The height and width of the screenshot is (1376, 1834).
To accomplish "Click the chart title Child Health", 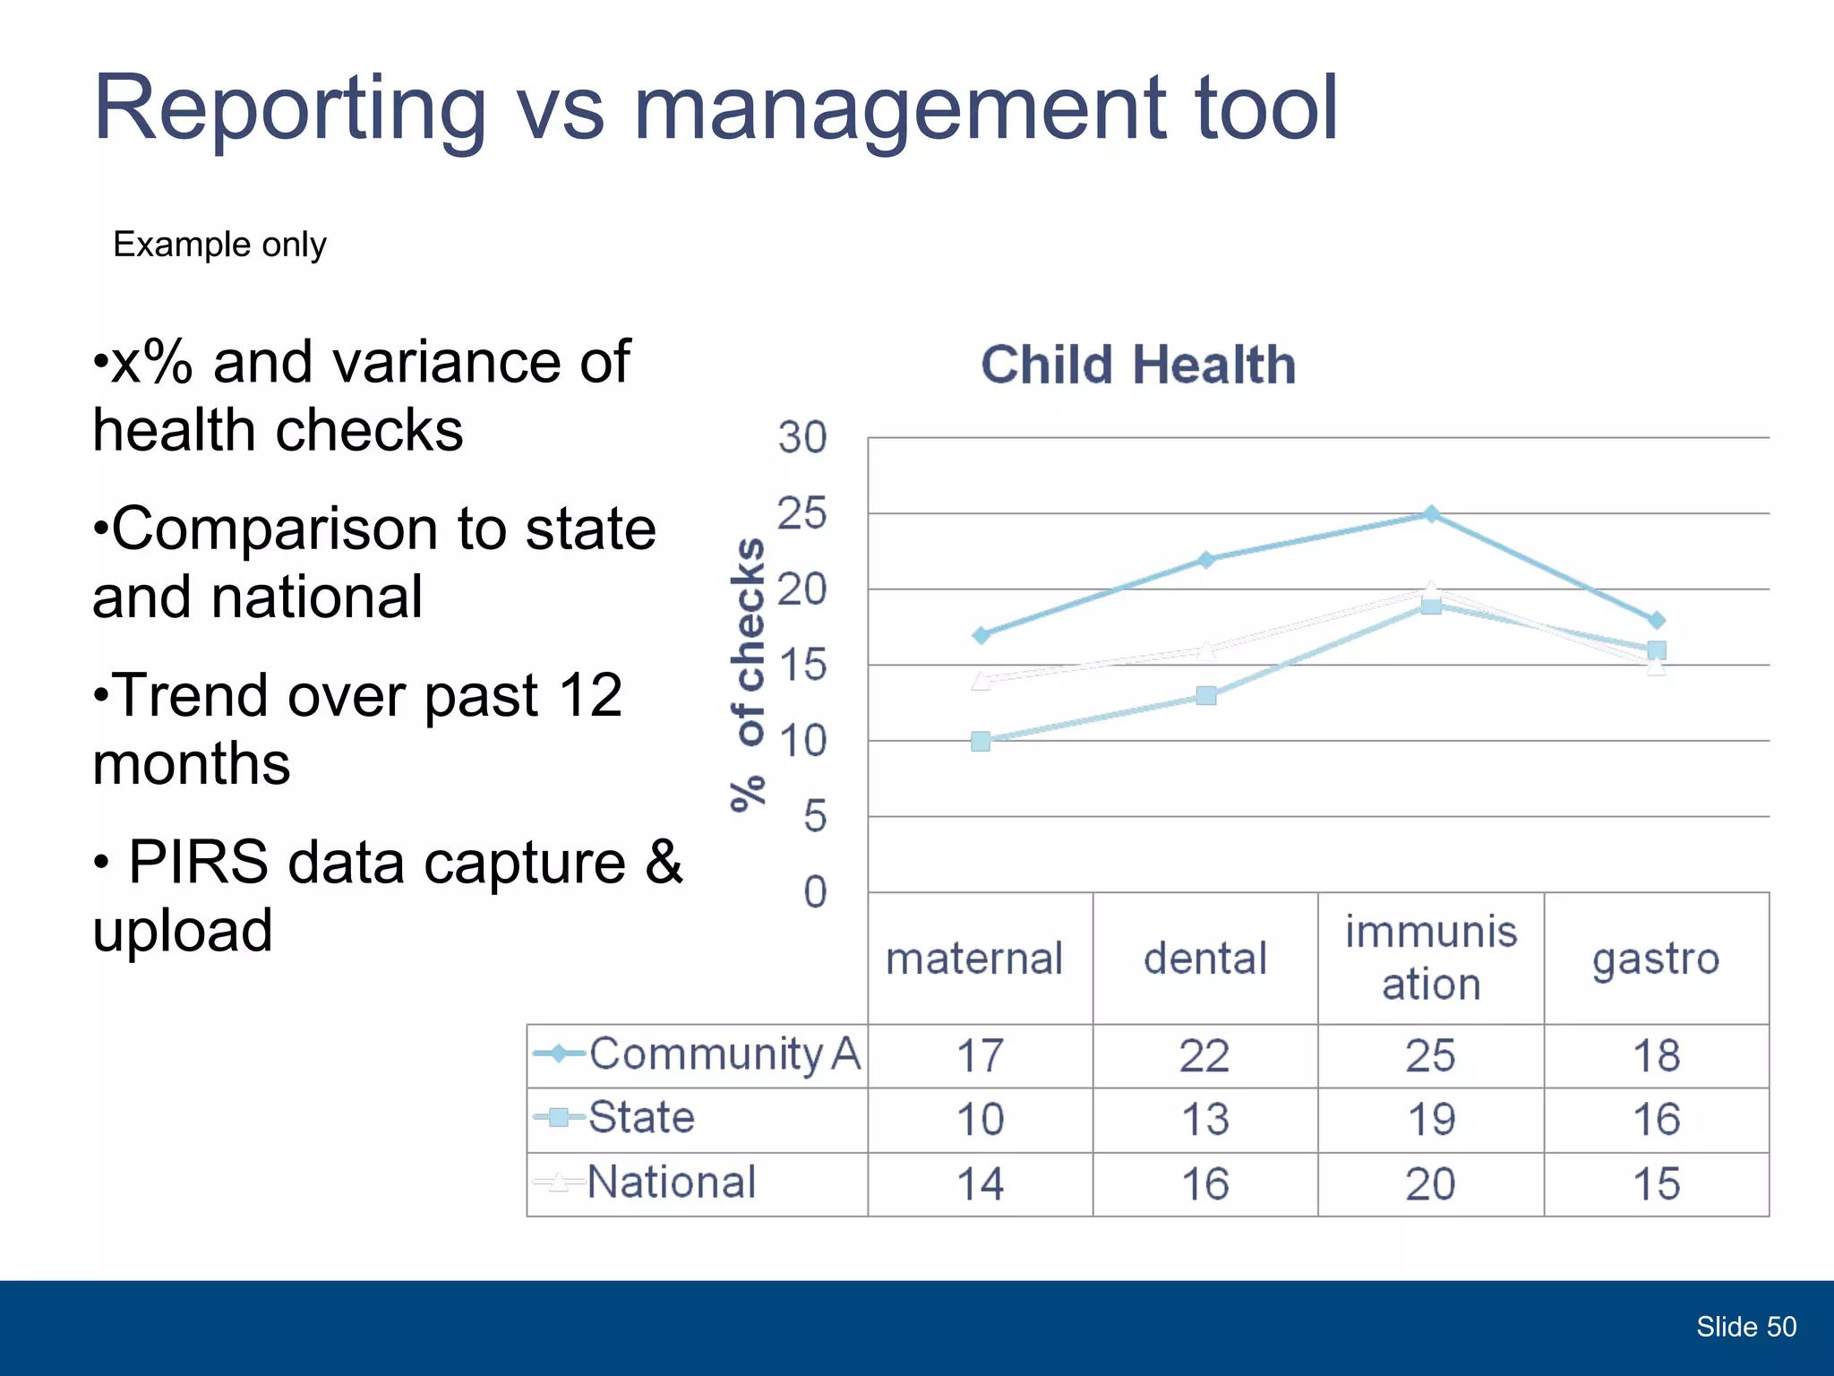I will pyautogui.click(x=1138, y=365).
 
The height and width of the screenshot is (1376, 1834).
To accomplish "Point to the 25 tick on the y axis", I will pyautogui.click(x=801, y=514).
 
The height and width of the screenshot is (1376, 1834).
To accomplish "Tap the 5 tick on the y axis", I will pyautogui.click(x=814, y=817).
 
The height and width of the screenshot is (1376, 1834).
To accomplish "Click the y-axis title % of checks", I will pyautogui.click(x=749, y=675).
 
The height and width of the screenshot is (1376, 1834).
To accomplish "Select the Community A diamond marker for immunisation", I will pyautogui.click(x=1431, y=513).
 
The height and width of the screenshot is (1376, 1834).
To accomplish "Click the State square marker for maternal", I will pyautogui.click(x=981, y=741).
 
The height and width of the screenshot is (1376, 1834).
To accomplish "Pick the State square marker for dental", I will pyautogui.click(x=1206, y=695).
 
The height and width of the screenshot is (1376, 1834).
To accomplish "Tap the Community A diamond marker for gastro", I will pyautogui.click(x=1657, y=620).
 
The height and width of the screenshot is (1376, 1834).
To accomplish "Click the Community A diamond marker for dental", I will pyautogui.click(x=1206, y=559).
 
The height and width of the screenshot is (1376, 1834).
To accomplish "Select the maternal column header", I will pyautogui.click(x=974, y=959).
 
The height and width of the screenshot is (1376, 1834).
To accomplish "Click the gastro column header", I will pyautogui.click(x=1656, y=959).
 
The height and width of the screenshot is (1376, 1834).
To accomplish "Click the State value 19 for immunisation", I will pyautogui.click(x=1431, y=1120).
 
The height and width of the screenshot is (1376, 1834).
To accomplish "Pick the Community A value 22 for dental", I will pyautogui.click(x=1204, y=1056).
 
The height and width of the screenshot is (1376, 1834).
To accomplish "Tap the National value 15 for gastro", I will pyautogui.click(x=1656, y=1184).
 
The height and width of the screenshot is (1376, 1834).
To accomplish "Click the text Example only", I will pyautogui.click(x=219, y=245).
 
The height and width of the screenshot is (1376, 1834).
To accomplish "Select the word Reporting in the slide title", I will pyautogui.click(x=289, y=109).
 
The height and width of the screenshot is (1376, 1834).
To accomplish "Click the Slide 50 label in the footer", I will pyautogui.click(x=1745, y=1327).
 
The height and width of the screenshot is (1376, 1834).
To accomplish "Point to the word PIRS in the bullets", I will pyautogui.click(x=198, y=863).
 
